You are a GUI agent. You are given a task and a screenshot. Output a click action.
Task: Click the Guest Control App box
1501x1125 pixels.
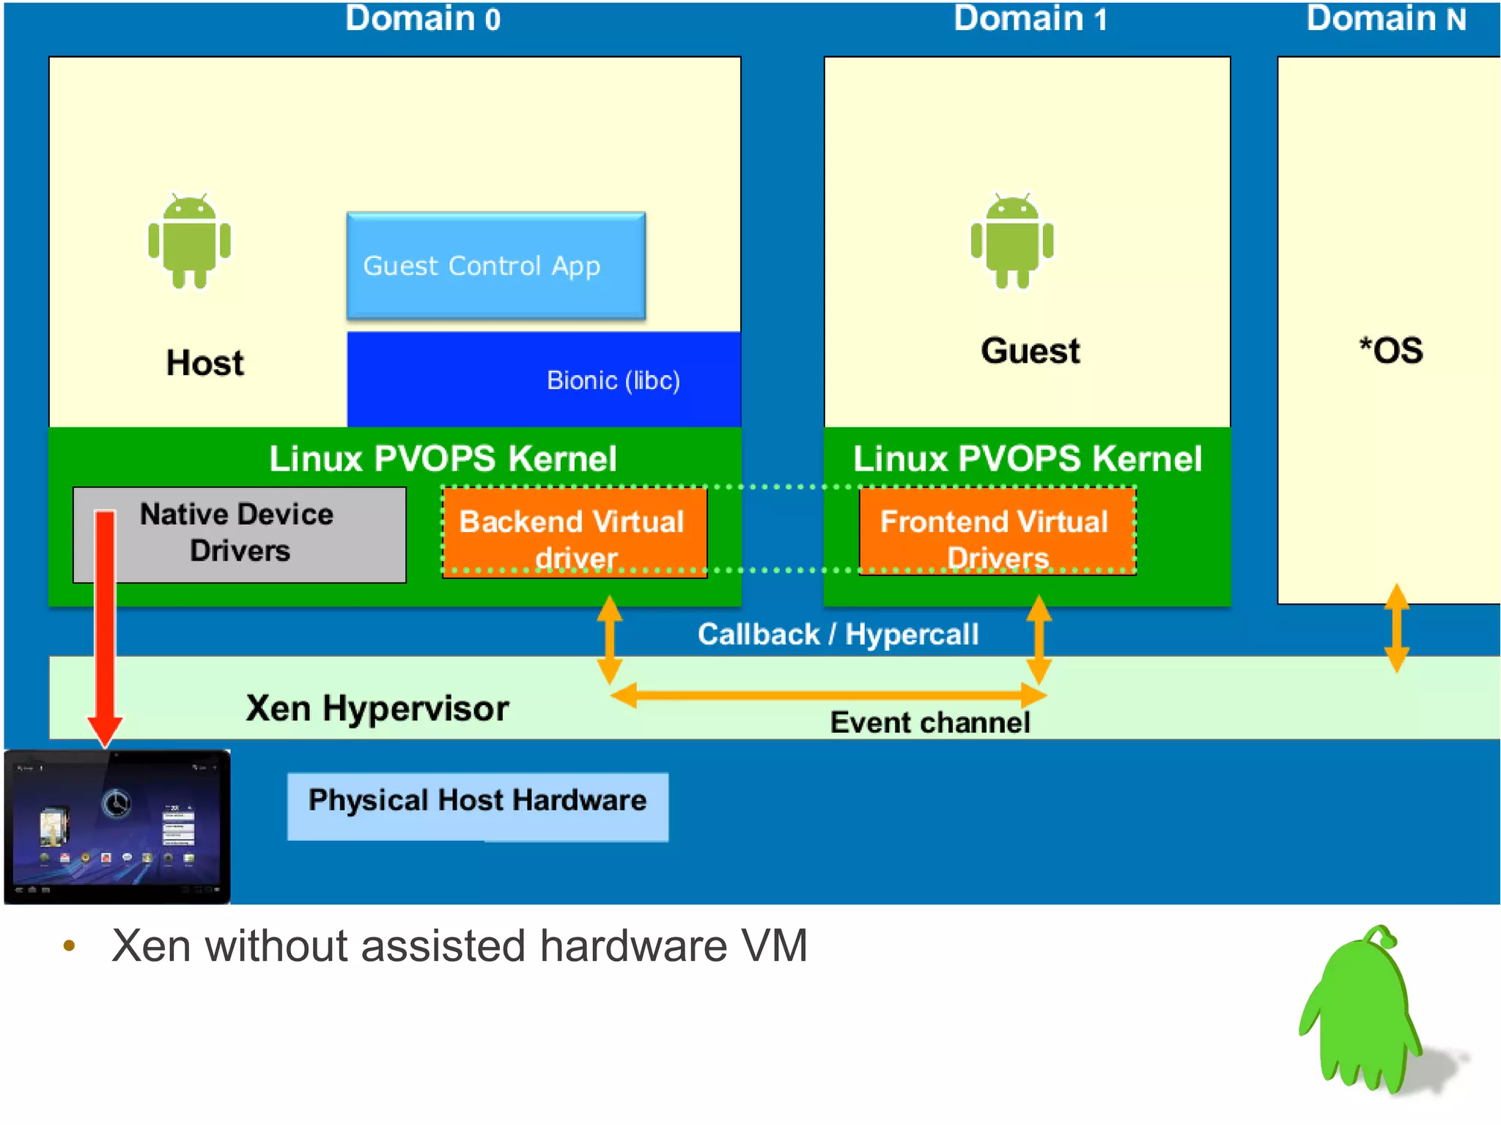[x=495, y=266]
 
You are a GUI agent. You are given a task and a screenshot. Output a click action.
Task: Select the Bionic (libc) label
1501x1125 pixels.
[x=613, y=380]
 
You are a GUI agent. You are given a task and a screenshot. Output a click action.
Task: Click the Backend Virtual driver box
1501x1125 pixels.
[x=574, y=533]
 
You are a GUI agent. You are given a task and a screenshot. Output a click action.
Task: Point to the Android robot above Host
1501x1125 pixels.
[x=189, y=242]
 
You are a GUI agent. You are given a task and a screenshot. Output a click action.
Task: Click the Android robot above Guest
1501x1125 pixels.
[x=1011, y=242]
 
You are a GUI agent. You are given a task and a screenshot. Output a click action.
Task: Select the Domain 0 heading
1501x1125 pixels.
[x=423, y=19]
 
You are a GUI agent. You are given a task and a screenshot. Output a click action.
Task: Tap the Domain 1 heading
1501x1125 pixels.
[x=1030, y=19]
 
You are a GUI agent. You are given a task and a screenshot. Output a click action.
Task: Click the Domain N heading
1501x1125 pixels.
[x=1385, y=19]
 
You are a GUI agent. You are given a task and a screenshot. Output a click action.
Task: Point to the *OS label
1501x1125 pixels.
[x=1390, y=350]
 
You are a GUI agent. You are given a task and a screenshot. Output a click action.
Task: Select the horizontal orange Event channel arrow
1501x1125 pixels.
[x=828, y=695]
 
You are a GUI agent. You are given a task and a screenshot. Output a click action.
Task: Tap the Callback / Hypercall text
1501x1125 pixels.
[x=838, y=635]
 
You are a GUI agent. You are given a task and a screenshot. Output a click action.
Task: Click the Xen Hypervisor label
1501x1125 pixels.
[x=377, y=708]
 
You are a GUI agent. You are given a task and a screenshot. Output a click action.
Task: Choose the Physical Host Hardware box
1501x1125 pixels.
[x=477, y=805]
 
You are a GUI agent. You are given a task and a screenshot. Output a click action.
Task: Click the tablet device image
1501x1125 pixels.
[x=117, y=827]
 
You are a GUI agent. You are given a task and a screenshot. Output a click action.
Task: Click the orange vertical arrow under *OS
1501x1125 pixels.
[x=1396, y=628]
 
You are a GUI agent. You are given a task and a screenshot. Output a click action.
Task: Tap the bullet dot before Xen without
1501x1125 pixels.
[x=70, y=946]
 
